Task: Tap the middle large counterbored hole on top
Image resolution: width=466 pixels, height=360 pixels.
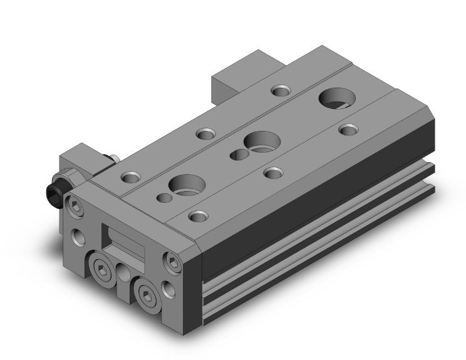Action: (x=259, y=141)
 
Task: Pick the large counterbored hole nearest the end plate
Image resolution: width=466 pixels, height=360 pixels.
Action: (x=186, y=185)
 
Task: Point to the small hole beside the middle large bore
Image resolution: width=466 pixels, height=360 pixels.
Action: (x=237, y=155)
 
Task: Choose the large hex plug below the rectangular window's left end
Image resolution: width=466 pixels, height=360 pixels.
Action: (x=100, y=269)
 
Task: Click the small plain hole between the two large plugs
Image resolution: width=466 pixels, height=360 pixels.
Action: (x=123, y=276)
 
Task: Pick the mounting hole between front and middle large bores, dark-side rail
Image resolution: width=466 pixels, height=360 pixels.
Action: (x=271, y=172)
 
